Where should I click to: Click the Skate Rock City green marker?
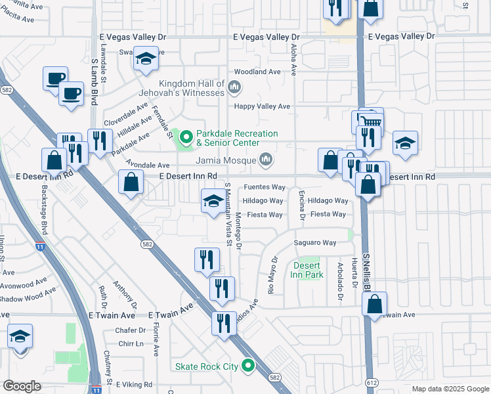point(247,366)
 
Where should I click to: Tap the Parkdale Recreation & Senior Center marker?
point(186,138)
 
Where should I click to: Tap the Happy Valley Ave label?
point(263,106)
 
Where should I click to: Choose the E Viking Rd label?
point(134,385)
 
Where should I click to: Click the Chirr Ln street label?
point(131,343)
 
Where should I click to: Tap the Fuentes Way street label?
point(265,187)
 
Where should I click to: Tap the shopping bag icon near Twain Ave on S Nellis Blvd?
point(374,305)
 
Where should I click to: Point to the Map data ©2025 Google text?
point(450,389)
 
